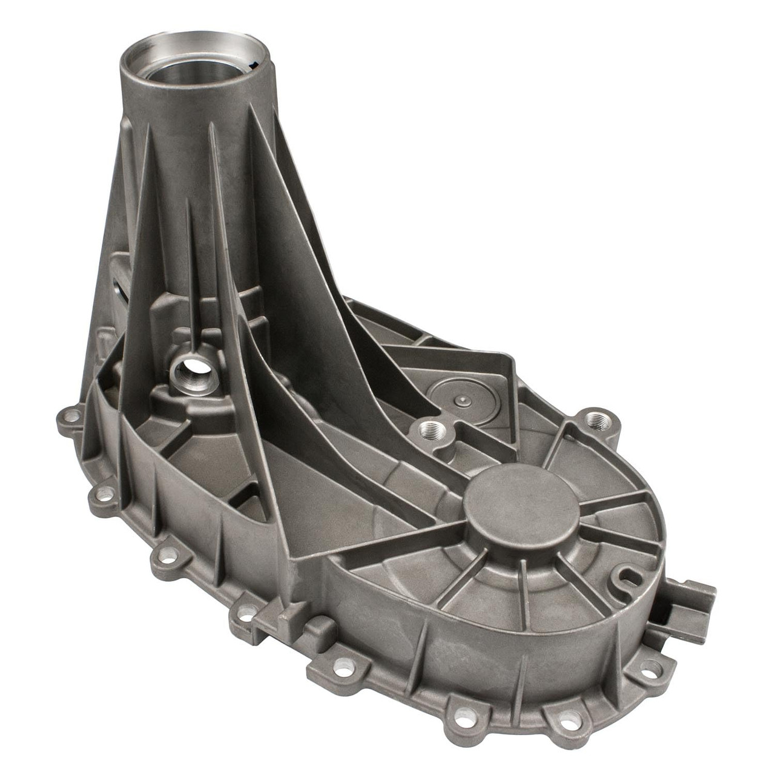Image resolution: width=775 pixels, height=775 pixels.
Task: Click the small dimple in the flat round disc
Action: pyautogui.click(x=463, y=400)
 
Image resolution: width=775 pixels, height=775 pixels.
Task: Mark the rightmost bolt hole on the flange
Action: pyautogui.click(x=650, y=668)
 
